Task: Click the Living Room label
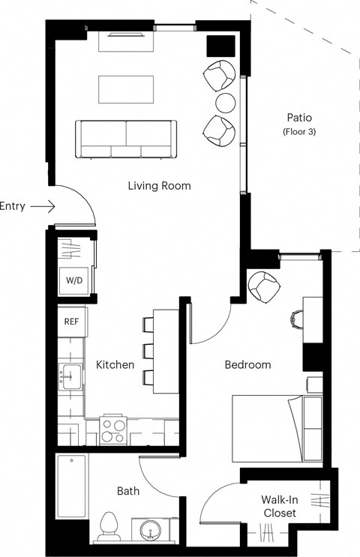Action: [x=159, y=185]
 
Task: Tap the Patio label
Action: [x=298, y=118]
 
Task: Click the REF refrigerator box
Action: [x=72, y=322]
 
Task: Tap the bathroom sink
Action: [x=150, y=529]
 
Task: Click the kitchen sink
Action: [x=70, y=374]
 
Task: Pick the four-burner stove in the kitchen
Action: [x=114, y=430]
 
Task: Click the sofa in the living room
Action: [x=125, y=138]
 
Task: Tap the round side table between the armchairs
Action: [x=226, y=102]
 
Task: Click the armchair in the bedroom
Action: [x=263, y=286]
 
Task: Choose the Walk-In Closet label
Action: [x=278, y=506]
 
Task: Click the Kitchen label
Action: [x=115, y=365]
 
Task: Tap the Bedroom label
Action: [x=247, y=365]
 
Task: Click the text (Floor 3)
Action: [x=298, y=132]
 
